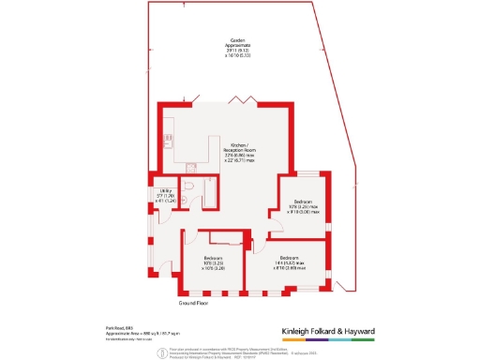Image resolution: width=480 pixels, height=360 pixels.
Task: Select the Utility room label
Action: click(x=165, y=191)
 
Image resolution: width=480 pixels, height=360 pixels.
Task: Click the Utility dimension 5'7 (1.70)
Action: click(x=165, y=196)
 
